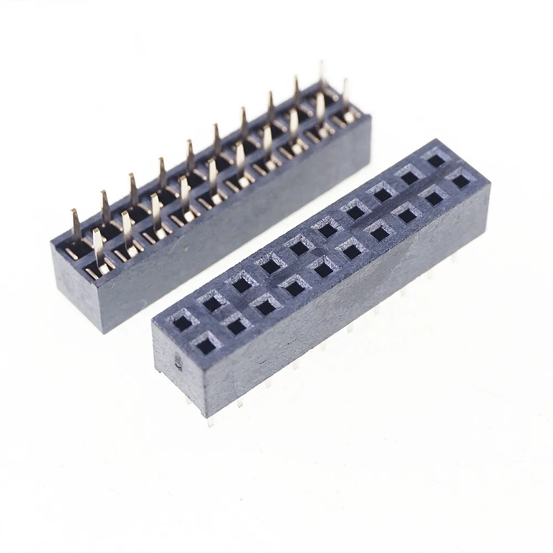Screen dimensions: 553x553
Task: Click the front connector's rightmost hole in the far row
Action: click(436, 161)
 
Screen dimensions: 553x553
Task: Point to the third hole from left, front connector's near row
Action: click(265, 306)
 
